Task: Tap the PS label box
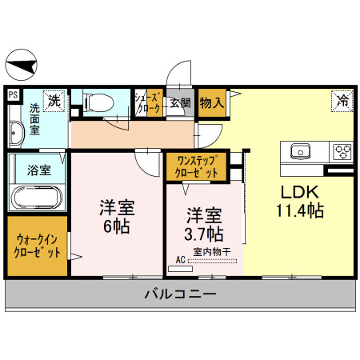click(x=12, y=94)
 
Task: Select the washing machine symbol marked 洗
click(x=54, y=101)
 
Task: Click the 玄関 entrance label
click(x=181, y=102)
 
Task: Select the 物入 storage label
click(x=212, y=102)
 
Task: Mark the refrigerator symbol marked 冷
click(x=342, y=101)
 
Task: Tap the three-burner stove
click(x=342, y=150)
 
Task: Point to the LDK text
click(x=299, y=192)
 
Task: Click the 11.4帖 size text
click(x=299, y=211)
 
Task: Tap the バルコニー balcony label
click(x=179, y=294)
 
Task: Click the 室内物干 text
click(x=212, y=251)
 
